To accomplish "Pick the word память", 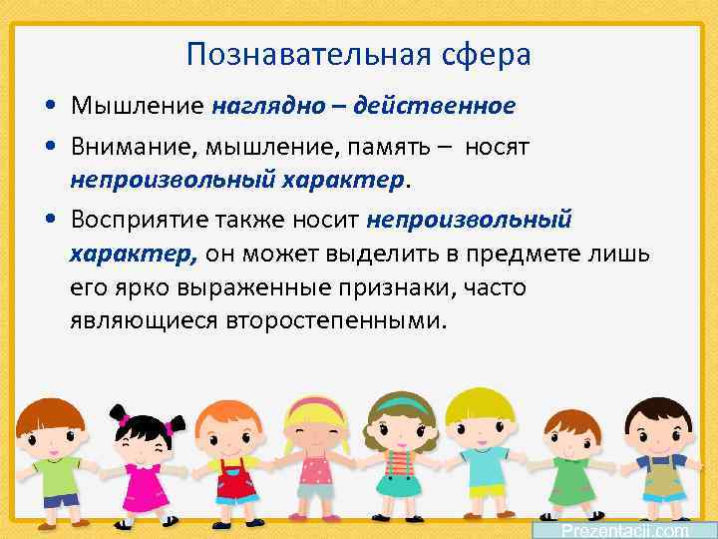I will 384,148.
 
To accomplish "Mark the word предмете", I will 530,254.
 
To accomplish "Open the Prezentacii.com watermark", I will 624,530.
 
